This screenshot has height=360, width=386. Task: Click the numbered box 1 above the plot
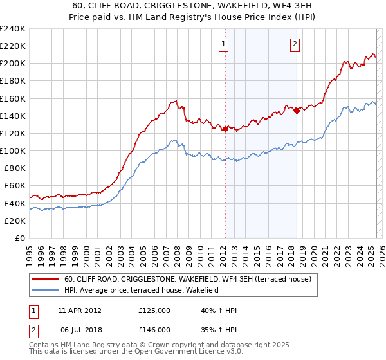[x=223, y=44]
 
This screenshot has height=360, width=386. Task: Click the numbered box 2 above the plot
[x=295, y=44]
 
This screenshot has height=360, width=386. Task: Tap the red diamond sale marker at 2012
[x=225, y=129]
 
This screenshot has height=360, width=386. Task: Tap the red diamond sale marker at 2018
[x=297, y=111]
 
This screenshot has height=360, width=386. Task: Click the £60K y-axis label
[x=15, y=186]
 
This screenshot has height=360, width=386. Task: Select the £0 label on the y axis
[x=20, y=238]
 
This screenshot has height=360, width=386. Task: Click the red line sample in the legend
[x=46, y=279]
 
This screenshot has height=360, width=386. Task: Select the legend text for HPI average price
[x=142, y=290]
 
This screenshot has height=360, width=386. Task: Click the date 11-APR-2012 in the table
[x=80, y=310]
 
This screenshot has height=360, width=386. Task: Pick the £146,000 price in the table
[x=154, y=329]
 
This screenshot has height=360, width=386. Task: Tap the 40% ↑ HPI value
[x=219, y=310]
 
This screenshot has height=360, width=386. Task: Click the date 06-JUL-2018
[x=79, y=329]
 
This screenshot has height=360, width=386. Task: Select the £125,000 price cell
[x=154, y=310]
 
